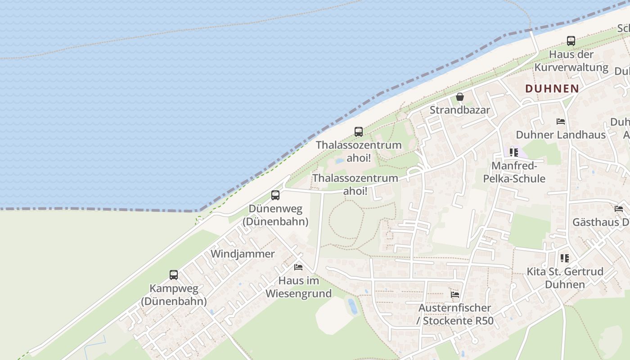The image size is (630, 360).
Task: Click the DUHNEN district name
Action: (x=552, y=89)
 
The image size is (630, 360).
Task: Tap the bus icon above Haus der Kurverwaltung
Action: (x=571, y=41)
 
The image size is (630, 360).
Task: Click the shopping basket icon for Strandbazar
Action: (x=460, y=97)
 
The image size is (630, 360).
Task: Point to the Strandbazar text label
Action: (x=460, y=110)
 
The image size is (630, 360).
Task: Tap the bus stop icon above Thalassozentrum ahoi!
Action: (x=359, y=132)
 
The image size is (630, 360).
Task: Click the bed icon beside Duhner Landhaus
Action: (x=561, y=121)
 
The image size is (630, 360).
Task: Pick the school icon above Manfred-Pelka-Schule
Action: (x=514, y=153)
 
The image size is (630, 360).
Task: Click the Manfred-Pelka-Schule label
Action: (x=514, y=172)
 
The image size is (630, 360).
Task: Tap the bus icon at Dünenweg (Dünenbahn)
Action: (x=275, y=195)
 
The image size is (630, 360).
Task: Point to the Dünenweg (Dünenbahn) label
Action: (x=275, y=215)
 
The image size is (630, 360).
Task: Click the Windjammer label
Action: (x=243, y=254)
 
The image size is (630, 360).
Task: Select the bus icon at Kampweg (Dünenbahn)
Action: (x=174, y=275)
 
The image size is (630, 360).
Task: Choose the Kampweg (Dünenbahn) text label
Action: (x=174, y=295)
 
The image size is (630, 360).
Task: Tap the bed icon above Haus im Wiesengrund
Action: (x=298, y=267)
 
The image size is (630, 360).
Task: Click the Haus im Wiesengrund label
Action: (x=298, y=287)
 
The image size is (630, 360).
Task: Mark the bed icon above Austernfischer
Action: (x=455, y=295)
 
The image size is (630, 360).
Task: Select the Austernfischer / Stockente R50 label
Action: (x=455, y=315)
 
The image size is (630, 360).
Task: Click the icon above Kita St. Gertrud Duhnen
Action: (x=564, y=258)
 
